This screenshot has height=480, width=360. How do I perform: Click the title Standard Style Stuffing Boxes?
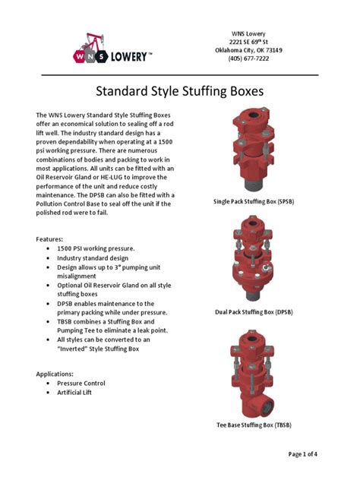179,93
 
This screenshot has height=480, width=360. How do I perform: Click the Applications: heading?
58,374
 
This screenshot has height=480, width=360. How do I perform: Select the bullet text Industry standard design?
93,258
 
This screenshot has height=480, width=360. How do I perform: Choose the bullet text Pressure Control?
81,384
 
